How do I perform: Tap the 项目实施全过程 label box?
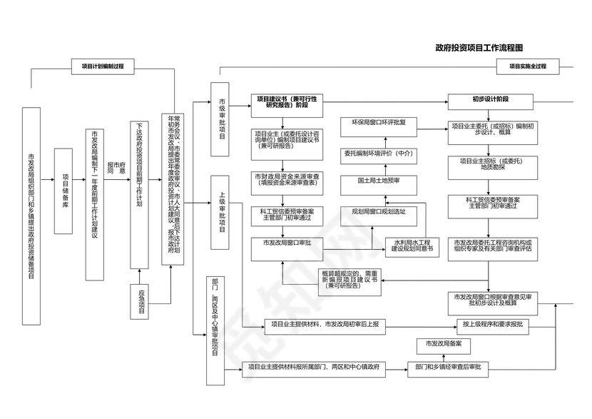coord(527,66)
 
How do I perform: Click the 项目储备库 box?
coord(64,191)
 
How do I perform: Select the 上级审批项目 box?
coord(222,211)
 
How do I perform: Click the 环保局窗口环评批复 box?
coord(378,123)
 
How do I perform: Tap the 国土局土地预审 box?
coord(378,181)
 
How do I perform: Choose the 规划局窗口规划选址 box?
coord(378,212)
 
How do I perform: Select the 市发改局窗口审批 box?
coord(287,244)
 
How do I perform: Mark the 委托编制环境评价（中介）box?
coord(378,153)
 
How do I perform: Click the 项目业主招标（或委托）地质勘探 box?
coord(492,165)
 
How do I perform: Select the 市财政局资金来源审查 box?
coord(287,179)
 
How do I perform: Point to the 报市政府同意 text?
coord(116,168)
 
